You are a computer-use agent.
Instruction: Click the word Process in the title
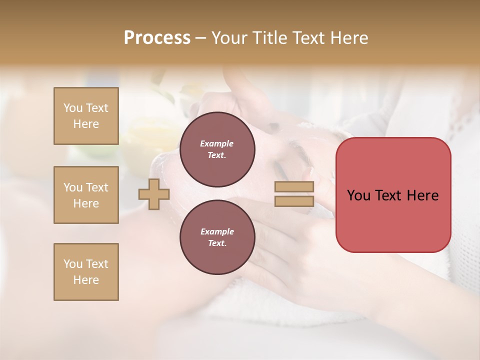[x=157, y=38]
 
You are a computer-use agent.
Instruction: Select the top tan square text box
[x=86, y=116]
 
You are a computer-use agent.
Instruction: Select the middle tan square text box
[x=86, y=195]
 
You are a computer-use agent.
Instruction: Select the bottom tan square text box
[x=86, y=272]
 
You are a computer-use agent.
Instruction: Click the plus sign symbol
[x=154, y=194]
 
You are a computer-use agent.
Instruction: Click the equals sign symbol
[x=294, y=194]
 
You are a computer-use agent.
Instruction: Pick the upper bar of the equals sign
[x=294, y=187]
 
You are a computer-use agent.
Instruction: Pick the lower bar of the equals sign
[x=294, y=201]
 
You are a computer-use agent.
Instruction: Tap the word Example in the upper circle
[x=217, y=143]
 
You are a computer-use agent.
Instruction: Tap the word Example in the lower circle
[x=217, y=231]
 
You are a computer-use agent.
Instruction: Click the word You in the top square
[x=73, y=108]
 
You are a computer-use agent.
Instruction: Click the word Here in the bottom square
[x=86, y=280]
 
